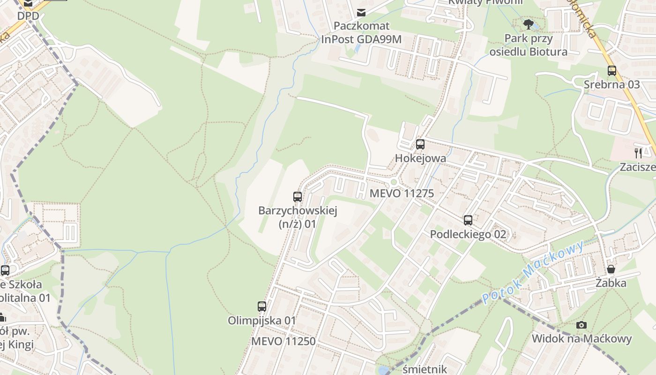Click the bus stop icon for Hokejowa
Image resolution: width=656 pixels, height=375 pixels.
click(x=420, y=144)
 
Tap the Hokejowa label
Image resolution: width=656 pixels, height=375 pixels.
click(x=420, y=158)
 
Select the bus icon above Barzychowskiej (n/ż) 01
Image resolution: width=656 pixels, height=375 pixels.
click(x=298, y=197)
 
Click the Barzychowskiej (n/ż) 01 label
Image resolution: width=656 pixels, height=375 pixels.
click(x=298, y=217)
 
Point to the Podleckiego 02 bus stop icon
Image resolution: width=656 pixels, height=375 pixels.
click(x=468, y=220)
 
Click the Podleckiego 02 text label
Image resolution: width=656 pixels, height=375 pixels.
click(x=468, y=234)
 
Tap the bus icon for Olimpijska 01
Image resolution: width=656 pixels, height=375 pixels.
click(x=262, y=307)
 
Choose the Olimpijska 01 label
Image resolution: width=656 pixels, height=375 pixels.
click(x=262, y=321)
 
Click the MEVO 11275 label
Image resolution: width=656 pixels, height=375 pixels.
click(x=402, y=193)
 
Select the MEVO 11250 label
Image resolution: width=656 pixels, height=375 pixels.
click(x=283, y=341)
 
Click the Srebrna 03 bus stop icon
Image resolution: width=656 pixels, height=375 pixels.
click(x=612, y=71)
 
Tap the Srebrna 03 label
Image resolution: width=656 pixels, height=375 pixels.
click(x=611, y=84)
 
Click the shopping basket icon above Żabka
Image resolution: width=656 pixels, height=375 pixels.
click(x=611, y=270)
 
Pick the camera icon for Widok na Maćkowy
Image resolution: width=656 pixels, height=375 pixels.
click(x=581, y=325)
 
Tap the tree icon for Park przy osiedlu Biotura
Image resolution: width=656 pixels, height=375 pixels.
click(x=529, y=24)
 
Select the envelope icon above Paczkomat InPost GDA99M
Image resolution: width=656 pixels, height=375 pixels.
click(x=361, y=12)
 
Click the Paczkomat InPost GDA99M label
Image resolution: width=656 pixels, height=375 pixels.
click(x=361, y=32)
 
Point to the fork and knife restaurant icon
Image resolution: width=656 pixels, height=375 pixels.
click(x=638, y=153)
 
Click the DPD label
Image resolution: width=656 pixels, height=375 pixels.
click(x=28, y=16)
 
